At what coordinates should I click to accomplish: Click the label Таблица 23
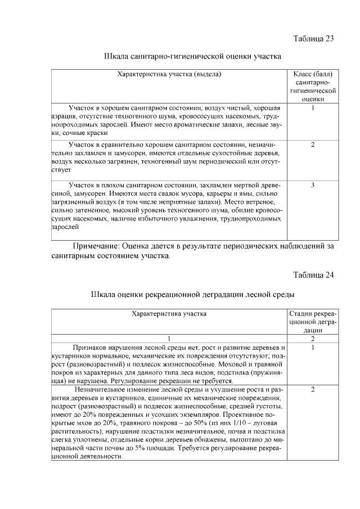(314, 39)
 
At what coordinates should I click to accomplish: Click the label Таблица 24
(314, 275)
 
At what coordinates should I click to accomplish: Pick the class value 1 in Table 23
(313, 107)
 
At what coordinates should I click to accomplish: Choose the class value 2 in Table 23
(313, 145)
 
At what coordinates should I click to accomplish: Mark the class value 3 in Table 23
(313, 184)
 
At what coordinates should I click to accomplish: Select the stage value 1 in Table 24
(313, 348)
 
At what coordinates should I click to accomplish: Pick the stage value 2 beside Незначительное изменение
(313, 389)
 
